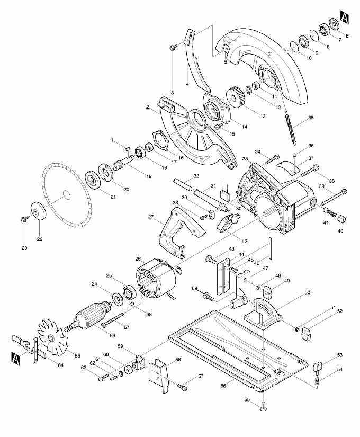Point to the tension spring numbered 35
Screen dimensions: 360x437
click(291, 128)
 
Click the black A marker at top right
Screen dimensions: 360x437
click(345, 17)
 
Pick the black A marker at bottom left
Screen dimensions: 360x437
click(15, 359)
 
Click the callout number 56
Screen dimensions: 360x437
click(223, 386)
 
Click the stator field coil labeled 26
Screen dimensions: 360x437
click(155, 279)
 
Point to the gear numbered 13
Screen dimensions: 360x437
click(236, 97)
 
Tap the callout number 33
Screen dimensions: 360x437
click(245, 159)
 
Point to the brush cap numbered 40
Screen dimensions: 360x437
click(341, 219)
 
